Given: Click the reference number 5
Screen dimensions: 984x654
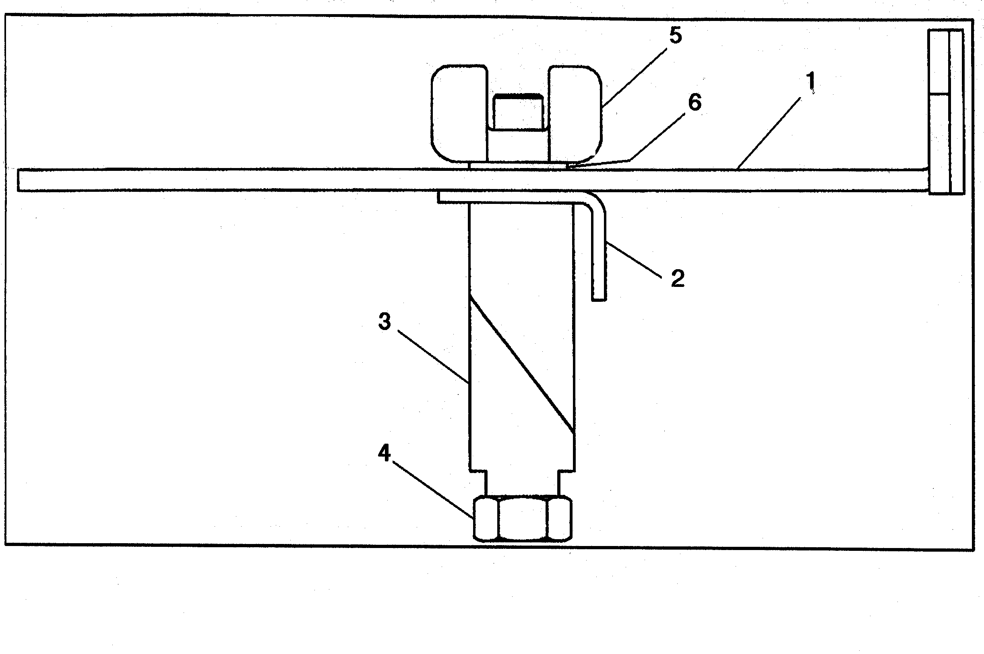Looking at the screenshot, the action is pos(675,36).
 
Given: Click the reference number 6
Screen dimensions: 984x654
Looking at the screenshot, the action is pos(695,102).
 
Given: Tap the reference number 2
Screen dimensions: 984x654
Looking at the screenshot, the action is pos(678,278).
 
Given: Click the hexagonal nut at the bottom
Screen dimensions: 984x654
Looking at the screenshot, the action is pos(522,518).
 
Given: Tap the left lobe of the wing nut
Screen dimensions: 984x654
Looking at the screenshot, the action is pos(459,113).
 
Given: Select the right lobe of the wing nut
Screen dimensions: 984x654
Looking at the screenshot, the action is pos(575,113).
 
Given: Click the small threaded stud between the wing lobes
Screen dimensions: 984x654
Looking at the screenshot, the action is pos(518,111).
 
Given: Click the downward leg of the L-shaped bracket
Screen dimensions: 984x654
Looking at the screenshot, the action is pos(598,254).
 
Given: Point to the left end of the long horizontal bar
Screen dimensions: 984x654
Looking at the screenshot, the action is pos(19,180).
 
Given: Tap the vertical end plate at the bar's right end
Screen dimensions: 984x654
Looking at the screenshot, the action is pos(946,111).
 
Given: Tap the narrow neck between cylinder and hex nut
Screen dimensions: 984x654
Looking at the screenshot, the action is pos(522,484).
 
